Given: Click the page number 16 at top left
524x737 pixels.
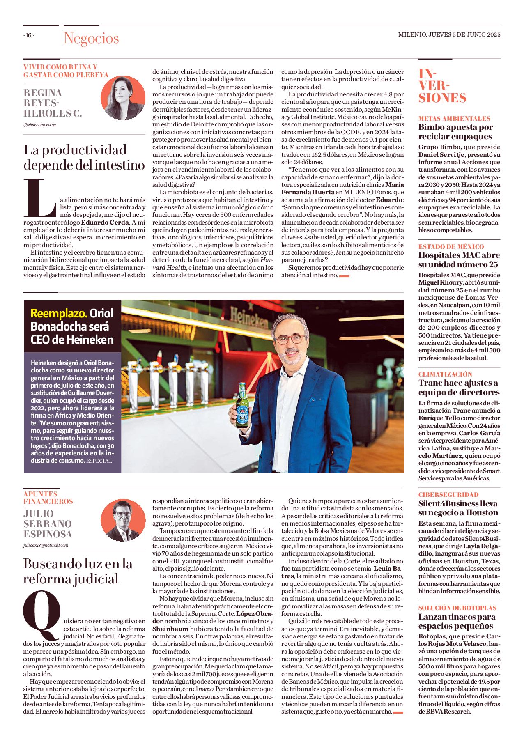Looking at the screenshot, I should [x=29, y=35].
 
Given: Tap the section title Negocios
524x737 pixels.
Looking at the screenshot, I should [x=91, y=38].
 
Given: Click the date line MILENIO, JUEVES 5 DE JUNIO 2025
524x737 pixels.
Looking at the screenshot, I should [x=449, y=35].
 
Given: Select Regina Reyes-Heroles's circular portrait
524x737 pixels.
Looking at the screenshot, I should [x=123, y=98].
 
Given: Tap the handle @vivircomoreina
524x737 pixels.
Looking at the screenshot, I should [x=39, y=125].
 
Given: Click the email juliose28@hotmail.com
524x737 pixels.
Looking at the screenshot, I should [x=46, y=546].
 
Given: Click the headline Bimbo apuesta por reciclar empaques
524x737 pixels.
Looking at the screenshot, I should [x=455, y=132].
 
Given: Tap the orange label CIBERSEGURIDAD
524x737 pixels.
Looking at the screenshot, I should [x=448, y=495].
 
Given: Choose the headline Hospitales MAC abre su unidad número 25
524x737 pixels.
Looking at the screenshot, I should [x=459, y=259].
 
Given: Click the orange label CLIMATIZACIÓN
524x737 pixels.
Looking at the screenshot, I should [x=445, y=374].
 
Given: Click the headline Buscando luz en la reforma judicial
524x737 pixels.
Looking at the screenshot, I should [x=78, y=571].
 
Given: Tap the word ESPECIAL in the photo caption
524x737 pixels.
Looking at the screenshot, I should [x=99, y=461].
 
